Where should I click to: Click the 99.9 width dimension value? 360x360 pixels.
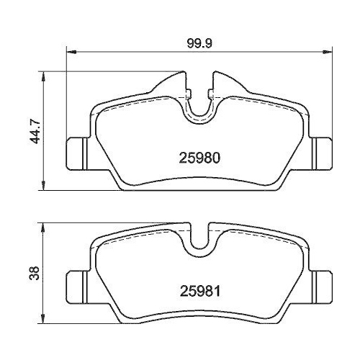click(x=199, y=44)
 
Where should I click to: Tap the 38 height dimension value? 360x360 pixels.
click(x=34, y=273)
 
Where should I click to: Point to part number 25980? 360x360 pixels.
click(x=199, y=158)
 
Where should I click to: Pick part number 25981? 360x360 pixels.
click(x=200, y=291)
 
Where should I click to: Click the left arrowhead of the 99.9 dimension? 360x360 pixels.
click(x=71, y=52)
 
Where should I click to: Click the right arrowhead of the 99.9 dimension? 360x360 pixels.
click(x=327, y=52)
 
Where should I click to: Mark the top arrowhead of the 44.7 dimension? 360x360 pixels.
click(x=43, y=77)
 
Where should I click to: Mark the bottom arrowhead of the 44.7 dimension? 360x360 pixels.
click(x=43, y=186)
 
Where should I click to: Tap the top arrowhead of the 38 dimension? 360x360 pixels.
click(x=43, y=228)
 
